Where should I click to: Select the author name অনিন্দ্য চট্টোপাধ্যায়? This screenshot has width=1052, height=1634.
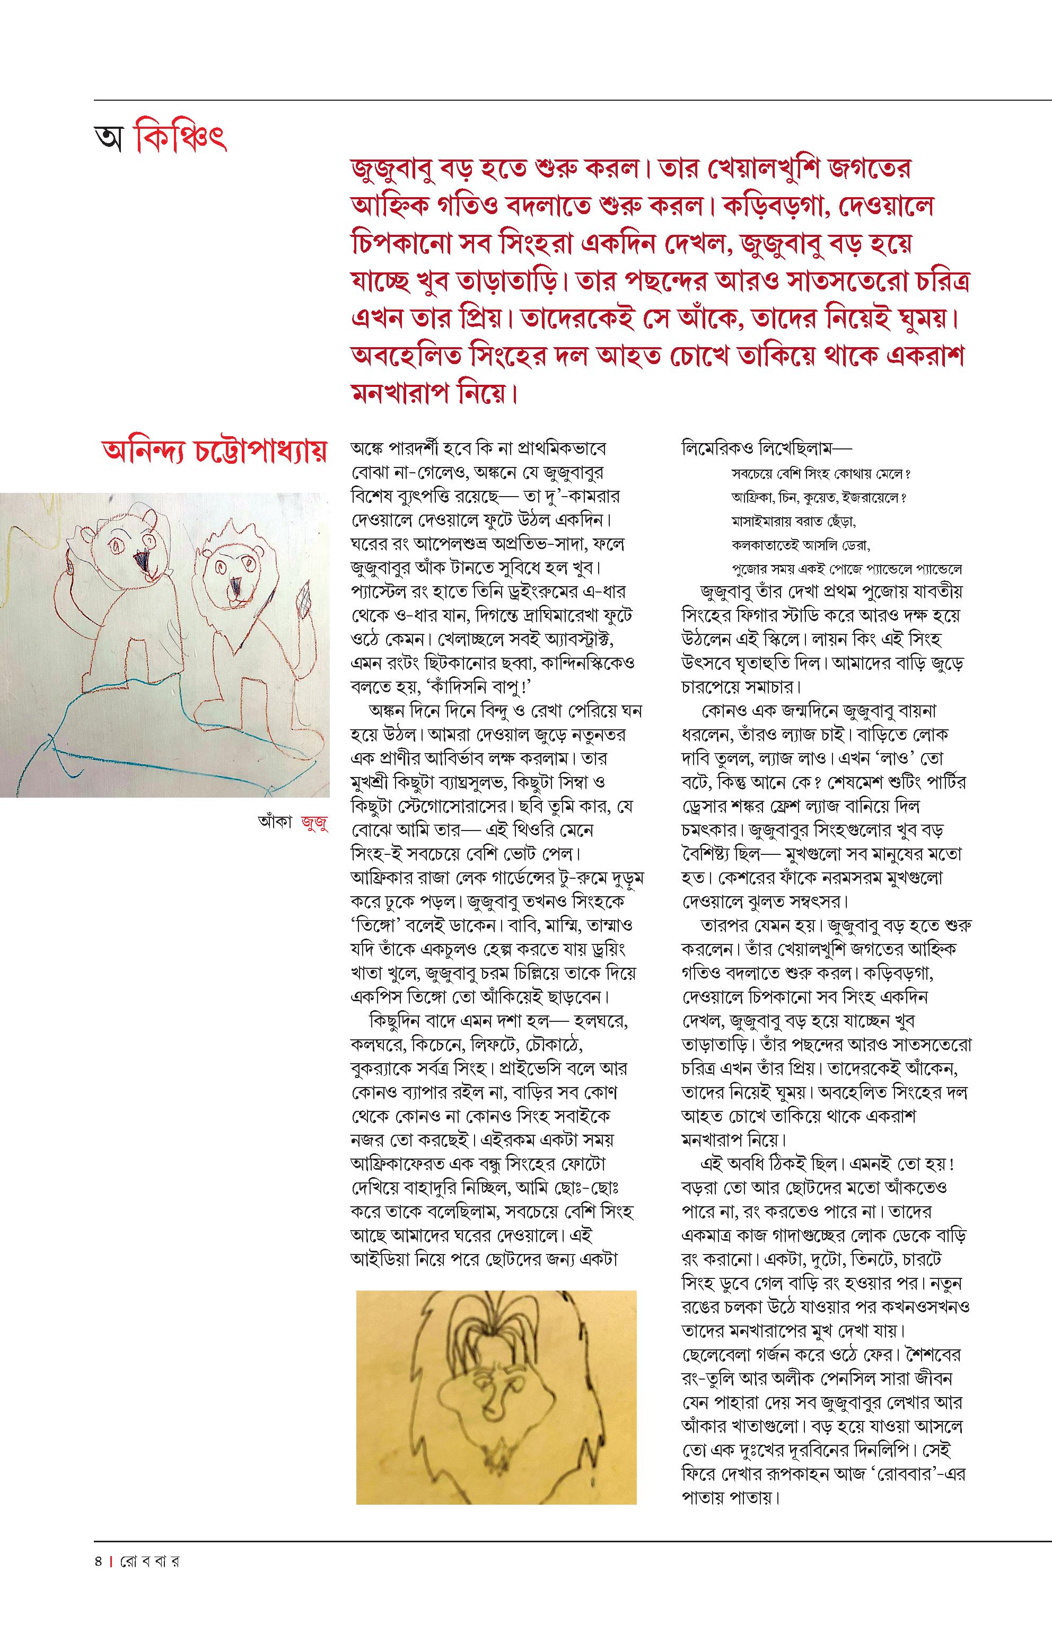(x=214, y=452)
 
